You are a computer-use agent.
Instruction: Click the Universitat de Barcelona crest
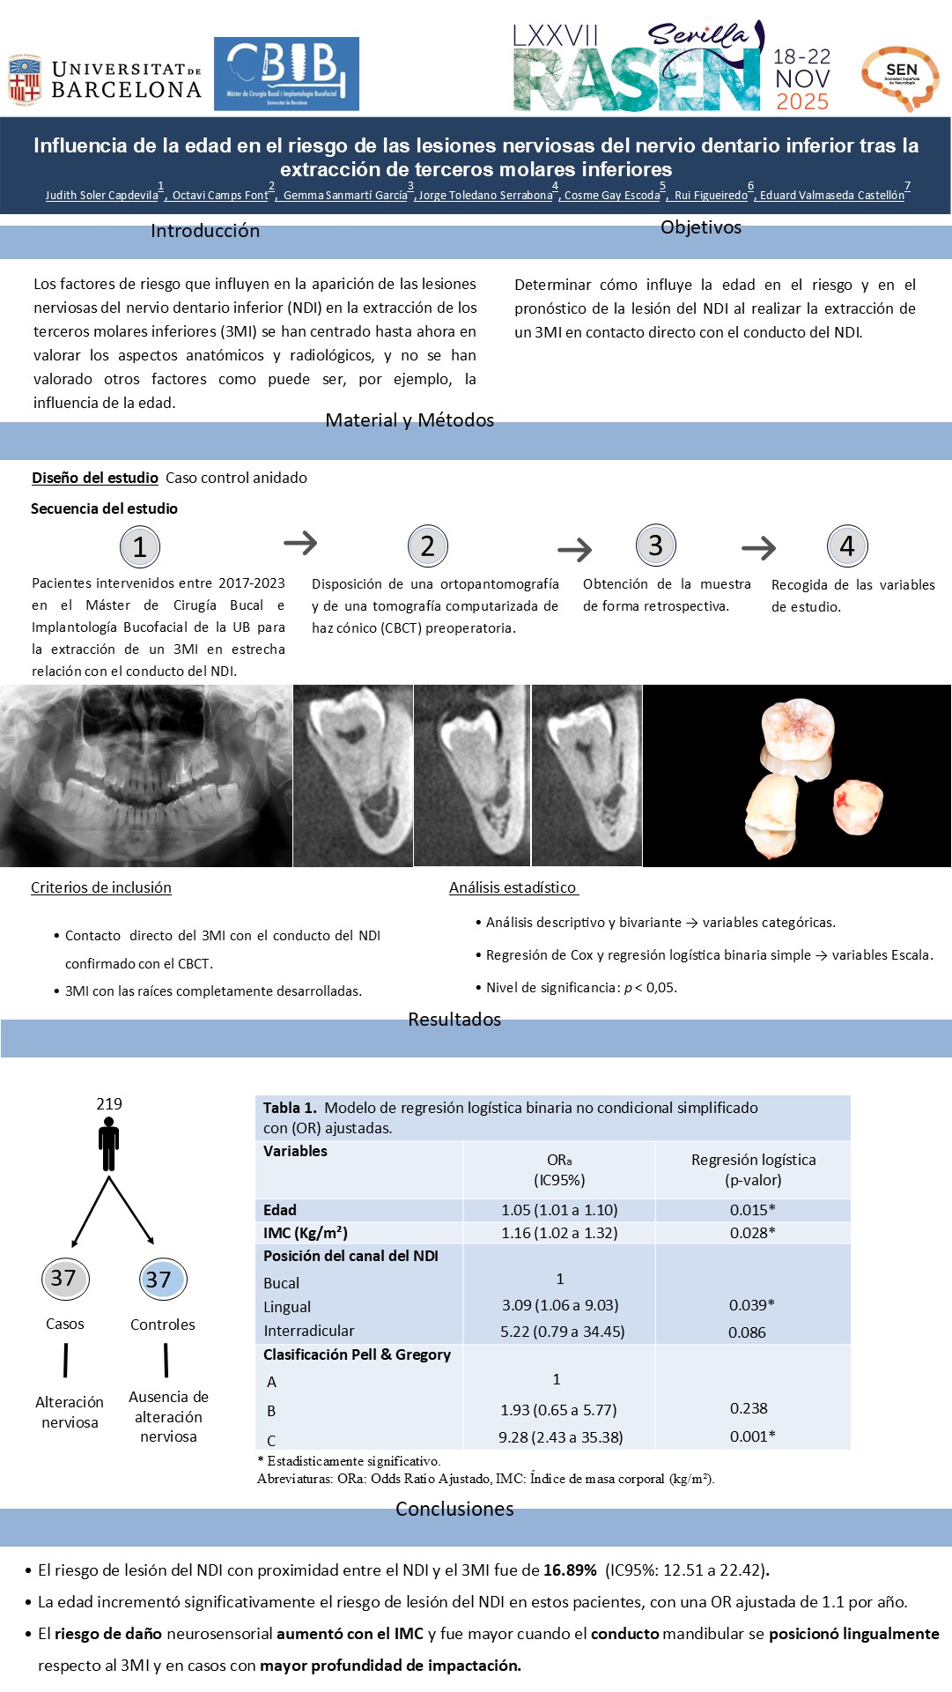pyautogui.click(x=25, y=79)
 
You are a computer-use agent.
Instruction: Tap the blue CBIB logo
pyautogui.click(x=286, y=73)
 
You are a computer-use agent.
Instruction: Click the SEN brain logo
pyautogui.click(x=900, y=78)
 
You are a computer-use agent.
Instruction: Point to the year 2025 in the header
pyautogui.click(x=801, y=101)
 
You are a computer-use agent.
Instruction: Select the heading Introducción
pyautogui.click(x=204, y=231)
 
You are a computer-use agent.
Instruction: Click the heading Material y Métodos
pyautogui.click(x=410, y=420)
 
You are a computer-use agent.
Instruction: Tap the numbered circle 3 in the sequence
pyautogui.click(x=655, y=545)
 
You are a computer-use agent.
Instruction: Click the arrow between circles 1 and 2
pyautogui.click(x=300, y=543)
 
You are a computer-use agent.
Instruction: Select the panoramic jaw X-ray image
pyautogui.click(x=145, y=775)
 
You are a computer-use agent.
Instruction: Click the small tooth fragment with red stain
pyautogui.click(x=857, y=805)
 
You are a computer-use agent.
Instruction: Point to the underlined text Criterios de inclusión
pyautogui.click(x=101, y=887)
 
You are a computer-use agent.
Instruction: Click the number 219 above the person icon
pyautogui.click(x=109, y=1104)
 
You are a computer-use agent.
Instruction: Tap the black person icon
pyautogui.click(x=109, y=1144)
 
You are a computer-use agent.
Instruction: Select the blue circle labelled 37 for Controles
pyautogui.click(x=162, y=1280)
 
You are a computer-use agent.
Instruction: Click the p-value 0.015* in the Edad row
pyautogui.click(x=752, y=1210)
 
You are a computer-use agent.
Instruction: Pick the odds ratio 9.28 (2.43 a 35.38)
pyautogui.click(x=560, y=1437)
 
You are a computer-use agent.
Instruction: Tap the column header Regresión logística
pyautogui.click(x=753, y=1160)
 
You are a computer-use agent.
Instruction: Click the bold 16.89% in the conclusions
pyautogui.click(x=570, y=1570)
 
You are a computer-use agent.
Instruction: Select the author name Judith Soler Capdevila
pyautogui.click(x=102, y=196)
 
